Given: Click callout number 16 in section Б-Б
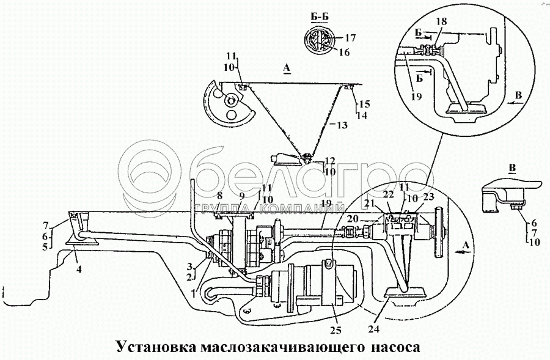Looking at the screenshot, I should pyautogui.click(x=344, y=53).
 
